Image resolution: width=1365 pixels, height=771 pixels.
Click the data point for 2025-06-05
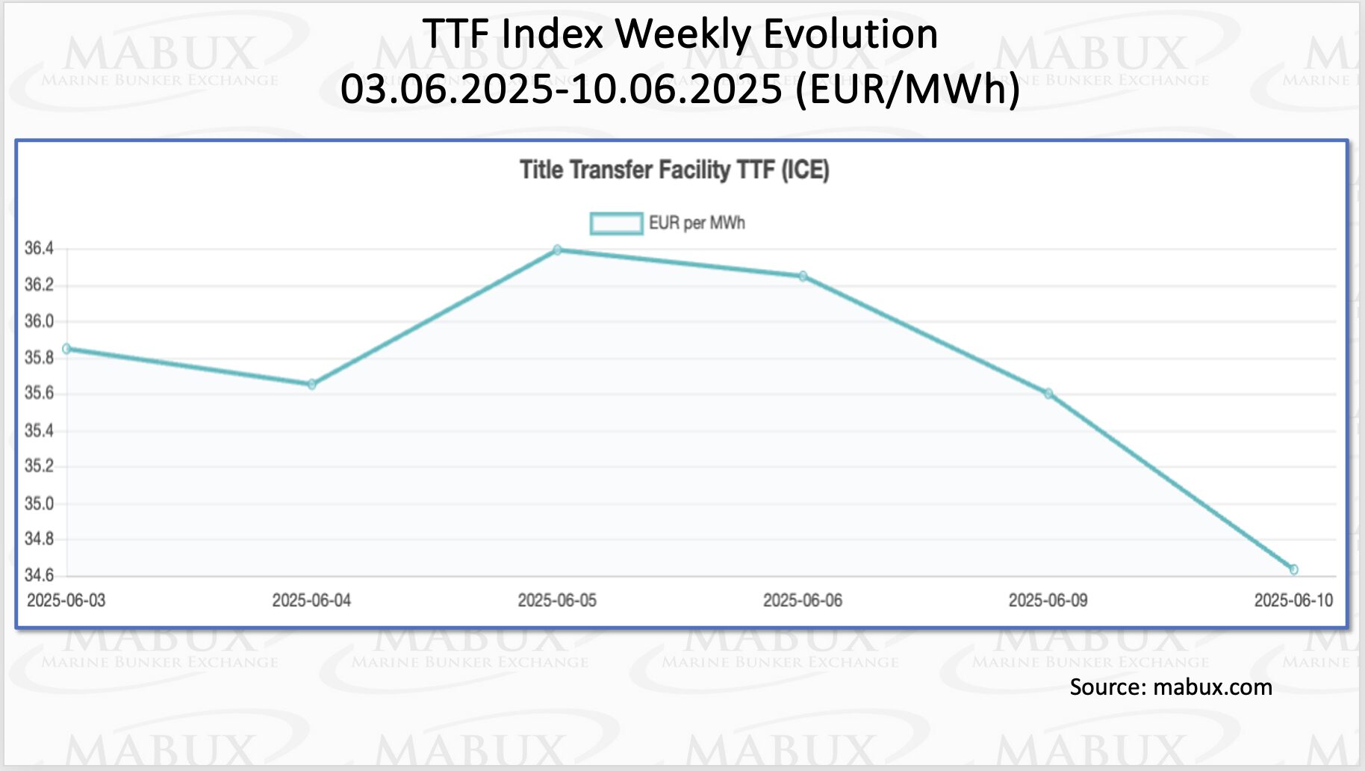point(557,250)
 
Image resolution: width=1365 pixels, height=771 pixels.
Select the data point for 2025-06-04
point(311,385)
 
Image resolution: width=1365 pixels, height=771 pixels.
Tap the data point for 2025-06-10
point(1293,570)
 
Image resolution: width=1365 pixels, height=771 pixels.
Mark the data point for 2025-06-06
point(803,276)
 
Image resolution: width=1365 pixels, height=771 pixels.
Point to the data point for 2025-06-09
point(1048,394)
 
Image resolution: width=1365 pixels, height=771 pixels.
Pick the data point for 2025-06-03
point(66,349)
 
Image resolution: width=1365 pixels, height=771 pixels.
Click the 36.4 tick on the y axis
point(39,249)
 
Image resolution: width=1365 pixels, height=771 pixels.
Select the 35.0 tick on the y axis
point(39,504)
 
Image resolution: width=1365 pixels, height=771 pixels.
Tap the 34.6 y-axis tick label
point(39,575)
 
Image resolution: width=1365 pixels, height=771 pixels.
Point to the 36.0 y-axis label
point(39,321)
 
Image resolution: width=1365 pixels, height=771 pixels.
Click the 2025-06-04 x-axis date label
point(311,601)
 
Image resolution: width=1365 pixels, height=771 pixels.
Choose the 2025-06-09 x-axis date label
point(1048,601)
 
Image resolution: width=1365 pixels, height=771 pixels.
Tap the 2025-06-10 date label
point(1293,601)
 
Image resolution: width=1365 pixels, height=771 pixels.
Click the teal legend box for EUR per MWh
point(616,223)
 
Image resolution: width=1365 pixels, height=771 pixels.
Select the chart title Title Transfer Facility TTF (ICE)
point(674,170)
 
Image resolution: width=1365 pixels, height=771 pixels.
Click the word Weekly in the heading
point(682,35)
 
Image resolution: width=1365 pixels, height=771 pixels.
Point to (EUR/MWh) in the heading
point(907,89)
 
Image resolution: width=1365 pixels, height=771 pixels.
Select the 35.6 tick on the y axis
point(39,394)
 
